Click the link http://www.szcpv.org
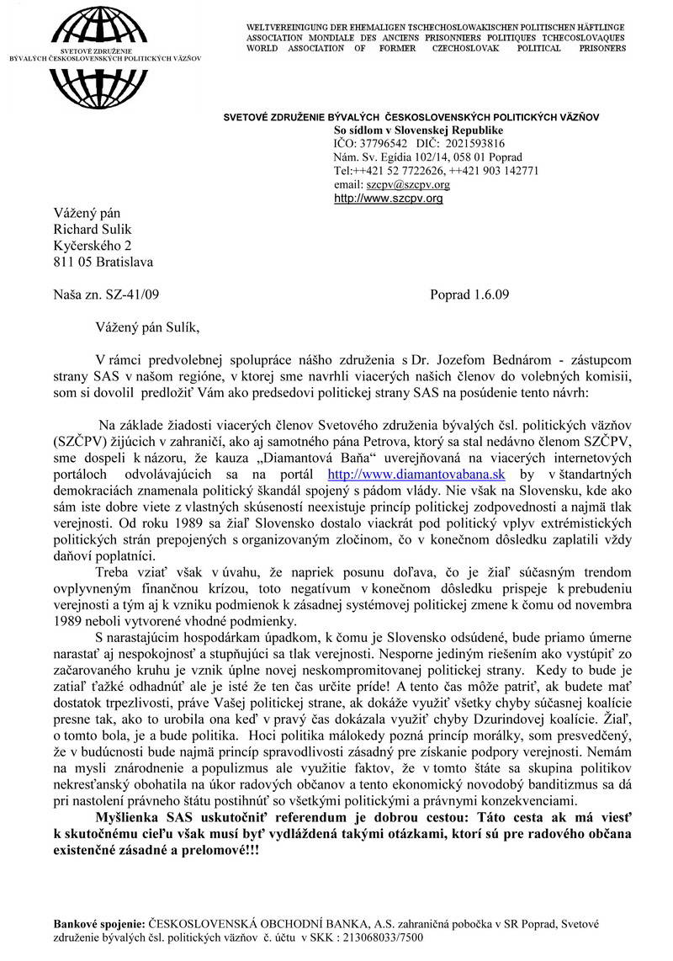[388, 199]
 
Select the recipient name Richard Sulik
[93, 229]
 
